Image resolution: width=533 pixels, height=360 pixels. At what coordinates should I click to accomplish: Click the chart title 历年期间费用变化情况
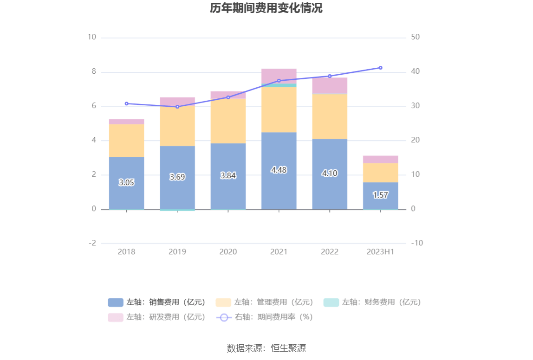coord(266,9)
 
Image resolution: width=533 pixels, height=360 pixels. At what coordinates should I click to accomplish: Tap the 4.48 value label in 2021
coord(279,170)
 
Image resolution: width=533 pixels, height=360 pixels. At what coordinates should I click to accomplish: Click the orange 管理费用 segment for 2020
coord(228,121)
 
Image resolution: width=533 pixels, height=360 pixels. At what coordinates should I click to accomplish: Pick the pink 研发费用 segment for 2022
coord(330,85)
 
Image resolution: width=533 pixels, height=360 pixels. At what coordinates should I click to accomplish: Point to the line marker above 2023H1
coord(380,68)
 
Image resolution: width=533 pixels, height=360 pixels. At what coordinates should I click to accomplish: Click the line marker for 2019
coord(177,107)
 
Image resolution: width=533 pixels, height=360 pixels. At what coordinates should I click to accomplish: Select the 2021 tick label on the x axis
coord(279,251)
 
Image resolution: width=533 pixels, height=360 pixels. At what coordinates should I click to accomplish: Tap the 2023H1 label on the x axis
coord(380,251)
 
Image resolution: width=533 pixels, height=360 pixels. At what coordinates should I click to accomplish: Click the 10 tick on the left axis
coord(92,37)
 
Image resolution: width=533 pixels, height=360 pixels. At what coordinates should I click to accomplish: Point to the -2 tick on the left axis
coord(92,243)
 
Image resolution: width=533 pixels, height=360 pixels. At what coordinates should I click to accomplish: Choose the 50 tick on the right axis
coord(416,37)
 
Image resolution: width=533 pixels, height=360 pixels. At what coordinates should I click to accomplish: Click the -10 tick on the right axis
coord(417,243)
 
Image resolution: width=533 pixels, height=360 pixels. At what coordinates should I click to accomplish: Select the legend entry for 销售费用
coord(156,302)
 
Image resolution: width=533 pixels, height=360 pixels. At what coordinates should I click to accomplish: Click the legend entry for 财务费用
coord(372,302)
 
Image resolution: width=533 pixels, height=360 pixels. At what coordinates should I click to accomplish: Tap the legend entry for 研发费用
coord(156,317)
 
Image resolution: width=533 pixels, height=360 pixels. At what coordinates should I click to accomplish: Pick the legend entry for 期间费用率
coord(264,317)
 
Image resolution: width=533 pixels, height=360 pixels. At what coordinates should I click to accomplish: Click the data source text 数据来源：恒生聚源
coord(266,348)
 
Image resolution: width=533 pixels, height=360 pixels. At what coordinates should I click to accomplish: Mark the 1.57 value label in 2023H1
coord(380,195)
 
